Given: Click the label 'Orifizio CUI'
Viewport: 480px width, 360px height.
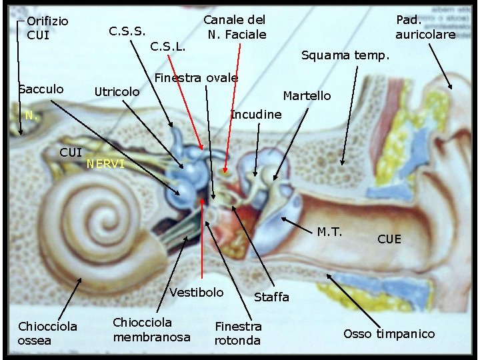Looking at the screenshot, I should coord(47,27).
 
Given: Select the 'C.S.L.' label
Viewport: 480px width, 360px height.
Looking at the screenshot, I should coord(167,47).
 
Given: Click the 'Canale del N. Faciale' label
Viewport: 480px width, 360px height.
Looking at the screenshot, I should coord(234,27).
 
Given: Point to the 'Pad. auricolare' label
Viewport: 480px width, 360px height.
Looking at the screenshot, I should coord(425,27).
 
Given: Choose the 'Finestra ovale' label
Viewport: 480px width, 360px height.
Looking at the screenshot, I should coord(196,78).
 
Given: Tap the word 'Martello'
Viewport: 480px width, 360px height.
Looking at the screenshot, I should coord(307,96).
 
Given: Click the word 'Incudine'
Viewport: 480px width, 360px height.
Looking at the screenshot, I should coord(256,115).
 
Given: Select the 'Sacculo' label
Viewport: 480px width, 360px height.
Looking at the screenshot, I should coord(41,89).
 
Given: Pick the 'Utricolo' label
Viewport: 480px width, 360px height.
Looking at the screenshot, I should coord(117,91).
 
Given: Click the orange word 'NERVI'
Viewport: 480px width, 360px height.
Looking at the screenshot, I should coord(105,164).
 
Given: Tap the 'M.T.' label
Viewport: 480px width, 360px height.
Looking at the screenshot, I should coord(329,232).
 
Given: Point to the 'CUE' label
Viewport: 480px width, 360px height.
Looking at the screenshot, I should coord(389,239).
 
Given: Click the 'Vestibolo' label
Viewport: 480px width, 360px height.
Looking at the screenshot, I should coord(197,292).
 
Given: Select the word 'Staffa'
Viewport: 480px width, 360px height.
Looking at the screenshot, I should coord(272,297).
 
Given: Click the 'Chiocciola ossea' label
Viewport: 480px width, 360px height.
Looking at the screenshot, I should coord(47,333).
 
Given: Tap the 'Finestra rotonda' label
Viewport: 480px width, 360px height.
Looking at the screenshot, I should coord(238,333).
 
